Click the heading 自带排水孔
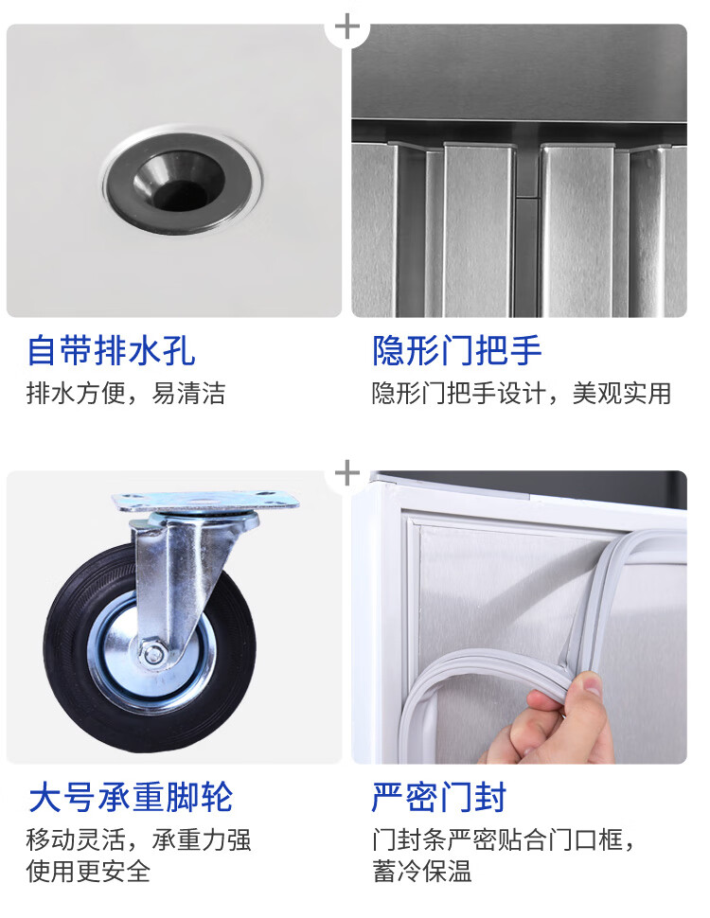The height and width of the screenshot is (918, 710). click(112, 350)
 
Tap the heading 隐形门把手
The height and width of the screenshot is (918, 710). click(457, 350)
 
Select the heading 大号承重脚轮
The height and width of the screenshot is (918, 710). click(131, 797)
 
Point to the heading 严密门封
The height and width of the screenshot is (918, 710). click(438, 797)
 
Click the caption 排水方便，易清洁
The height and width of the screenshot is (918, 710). click(126, 393)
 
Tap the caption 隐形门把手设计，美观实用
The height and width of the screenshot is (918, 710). click(522, 393)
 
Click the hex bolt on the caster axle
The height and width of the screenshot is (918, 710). click(153, 653)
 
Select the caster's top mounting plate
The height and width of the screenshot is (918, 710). click(205, 502)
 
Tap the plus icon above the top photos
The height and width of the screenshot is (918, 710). click(347, 26)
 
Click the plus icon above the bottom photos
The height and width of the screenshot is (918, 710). click(347, 473)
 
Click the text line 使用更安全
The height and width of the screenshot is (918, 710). click(88, 871)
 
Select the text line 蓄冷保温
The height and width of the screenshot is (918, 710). click(422, 871)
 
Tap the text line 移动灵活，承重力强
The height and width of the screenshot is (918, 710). click(139, 840)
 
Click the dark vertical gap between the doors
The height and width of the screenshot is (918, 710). click(528, 234)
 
